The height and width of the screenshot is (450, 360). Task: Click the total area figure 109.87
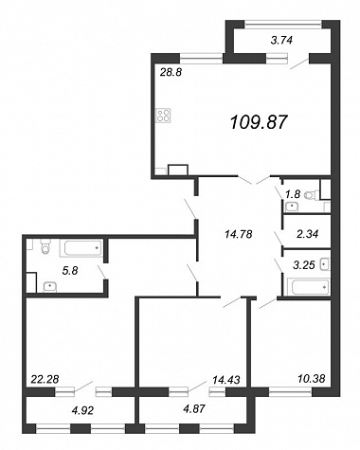[259, 122]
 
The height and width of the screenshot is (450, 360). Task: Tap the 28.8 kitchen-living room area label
[171, 73]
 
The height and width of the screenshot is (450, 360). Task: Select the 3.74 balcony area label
[282, 40]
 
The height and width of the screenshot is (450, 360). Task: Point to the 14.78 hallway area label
[239, 234]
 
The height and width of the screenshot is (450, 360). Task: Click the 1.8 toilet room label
[292, 194]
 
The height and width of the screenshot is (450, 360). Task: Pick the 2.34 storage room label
[307, 234]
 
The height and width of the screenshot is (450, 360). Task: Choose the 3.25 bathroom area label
[304, 265]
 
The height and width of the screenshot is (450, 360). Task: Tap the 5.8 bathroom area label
[70, 271]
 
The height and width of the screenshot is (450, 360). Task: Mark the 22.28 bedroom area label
[45, 379]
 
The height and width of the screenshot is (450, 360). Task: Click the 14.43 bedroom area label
[226, 380]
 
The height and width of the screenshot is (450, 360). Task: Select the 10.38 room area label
[311, 378]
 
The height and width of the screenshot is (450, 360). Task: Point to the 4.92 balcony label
[82, 411]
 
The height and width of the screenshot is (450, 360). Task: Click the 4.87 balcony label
[194, 409]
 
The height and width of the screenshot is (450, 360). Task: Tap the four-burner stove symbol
[163, 116]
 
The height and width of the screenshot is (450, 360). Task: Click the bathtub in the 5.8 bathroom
[81, 248]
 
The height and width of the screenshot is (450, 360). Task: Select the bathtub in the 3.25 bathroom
[311, 287]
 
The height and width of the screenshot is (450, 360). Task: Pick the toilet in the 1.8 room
[312, 195]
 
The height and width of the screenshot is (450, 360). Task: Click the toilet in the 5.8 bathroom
[46, 246]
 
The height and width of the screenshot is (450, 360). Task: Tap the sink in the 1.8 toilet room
[292, 207]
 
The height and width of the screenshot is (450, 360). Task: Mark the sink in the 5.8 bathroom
[50, 287]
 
